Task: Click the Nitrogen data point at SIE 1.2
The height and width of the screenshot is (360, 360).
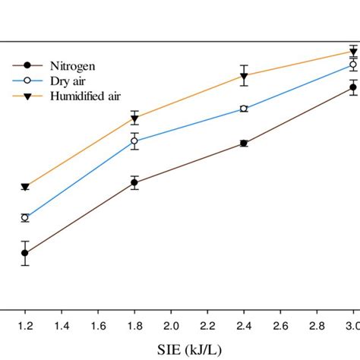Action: tap(25, 253)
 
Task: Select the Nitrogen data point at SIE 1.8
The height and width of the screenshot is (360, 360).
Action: tap(134, 182)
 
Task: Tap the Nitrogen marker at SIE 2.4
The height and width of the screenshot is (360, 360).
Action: tap(244, 143)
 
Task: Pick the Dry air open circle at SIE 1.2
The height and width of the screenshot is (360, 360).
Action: tap(25, 218)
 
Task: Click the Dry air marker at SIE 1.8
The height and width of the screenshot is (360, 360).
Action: tap(134, 141)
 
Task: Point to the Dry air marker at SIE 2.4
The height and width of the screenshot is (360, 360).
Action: tap(244, 109)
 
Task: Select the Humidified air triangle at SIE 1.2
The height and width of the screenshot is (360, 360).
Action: tap(25, 187)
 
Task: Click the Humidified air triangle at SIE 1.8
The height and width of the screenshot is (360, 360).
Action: tap(134, 118)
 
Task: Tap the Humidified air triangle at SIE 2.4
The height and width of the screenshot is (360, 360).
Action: tap(244, 76)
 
